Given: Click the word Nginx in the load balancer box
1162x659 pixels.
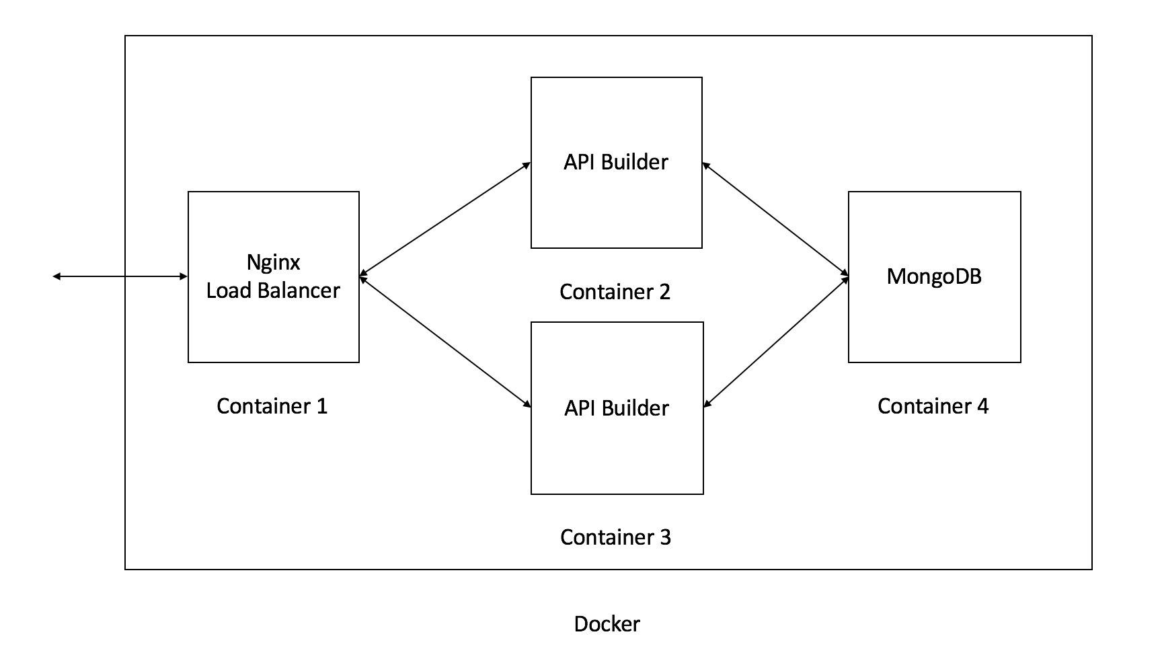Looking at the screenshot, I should click(x=273, y=262).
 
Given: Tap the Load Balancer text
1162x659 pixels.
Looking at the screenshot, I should click(x=273, y=290).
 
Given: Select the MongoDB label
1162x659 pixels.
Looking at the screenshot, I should click(x=934, y=276).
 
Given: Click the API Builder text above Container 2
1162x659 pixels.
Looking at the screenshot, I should click(x=616, y=162).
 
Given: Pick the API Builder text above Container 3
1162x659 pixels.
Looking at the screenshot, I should click(x=617, y=408).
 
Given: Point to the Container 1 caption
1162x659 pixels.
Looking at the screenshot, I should click(x=272, y=406).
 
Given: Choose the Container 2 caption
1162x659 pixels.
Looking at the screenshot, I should click(x=615, y=292).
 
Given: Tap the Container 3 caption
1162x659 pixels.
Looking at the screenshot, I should click(x=615, y=537).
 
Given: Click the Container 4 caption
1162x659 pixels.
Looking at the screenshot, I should click(x=933, y=406).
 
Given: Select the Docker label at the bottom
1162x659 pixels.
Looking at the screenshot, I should click(x=607, y=624).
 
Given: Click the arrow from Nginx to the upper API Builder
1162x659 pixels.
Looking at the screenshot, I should click(x=445, y=219).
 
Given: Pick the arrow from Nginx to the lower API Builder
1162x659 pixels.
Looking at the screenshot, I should click(x=445, y=341).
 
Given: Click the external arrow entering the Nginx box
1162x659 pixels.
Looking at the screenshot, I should click(x=121, y=276).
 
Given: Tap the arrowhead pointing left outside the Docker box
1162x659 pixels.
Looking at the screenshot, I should click(x=56, y=276).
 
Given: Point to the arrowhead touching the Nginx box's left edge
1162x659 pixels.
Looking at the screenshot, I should click(x=184, y=276).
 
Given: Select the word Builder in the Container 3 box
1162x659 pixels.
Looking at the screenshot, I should click(x=635, y=408).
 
